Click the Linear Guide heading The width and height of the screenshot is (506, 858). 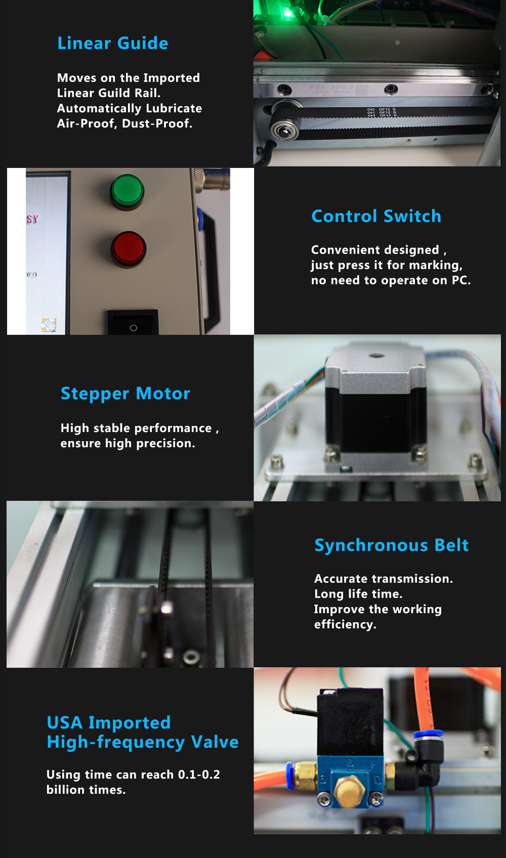tap(113, 44)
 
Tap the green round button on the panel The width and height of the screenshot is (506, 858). tap(127, 192)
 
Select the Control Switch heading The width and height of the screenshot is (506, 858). tap(376, 217)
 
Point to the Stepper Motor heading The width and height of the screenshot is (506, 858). tap(125, 394)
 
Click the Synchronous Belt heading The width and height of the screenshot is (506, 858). tap(392, 545)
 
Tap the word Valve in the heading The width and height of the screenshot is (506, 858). tap(215, 742)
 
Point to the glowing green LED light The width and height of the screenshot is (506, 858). tap(287, 14)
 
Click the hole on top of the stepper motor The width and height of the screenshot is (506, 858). tap(376, 355)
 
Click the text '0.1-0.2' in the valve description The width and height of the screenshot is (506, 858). tap(199, 775)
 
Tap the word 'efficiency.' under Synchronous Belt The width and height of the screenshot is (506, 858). tap(345, 625)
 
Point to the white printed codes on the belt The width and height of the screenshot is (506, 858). tap(382, 112)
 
